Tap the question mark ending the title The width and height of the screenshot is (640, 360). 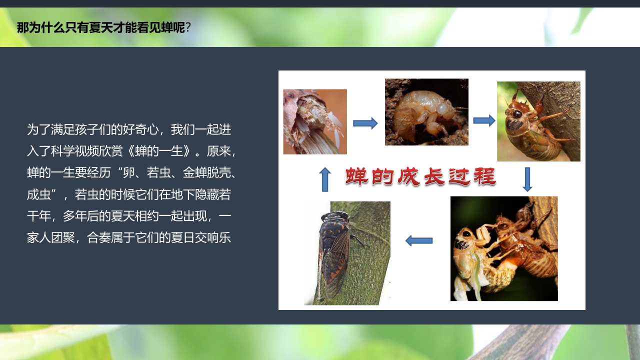click(188, 27)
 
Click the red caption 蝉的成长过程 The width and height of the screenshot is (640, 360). click(420, 176)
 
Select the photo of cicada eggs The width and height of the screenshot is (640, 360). click(315, 121)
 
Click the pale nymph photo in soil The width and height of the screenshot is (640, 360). click(426, 112)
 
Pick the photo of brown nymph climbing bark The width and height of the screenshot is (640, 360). click(538, 121)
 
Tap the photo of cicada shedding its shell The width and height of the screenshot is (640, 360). click(504, 248)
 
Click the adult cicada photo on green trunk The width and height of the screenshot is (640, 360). click(347, 253)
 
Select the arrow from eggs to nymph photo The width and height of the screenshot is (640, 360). click(365, 123)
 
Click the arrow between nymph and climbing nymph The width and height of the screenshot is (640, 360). click(483, 120)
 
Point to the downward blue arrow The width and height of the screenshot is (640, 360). click(527, 179)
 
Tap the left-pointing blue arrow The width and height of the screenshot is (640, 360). click(418, 240)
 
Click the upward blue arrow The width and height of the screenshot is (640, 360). click(325, 179)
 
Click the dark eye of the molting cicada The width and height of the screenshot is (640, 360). click(466, 234)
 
